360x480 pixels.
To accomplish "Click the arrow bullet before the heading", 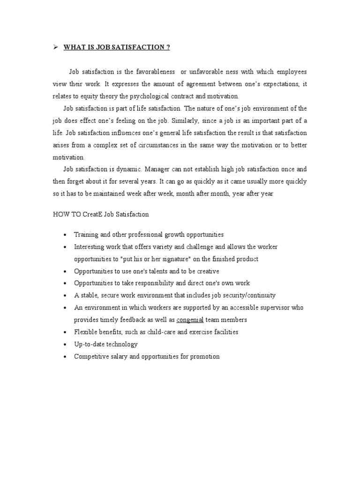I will [x=55, y=47].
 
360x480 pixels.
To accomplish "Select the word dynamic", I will [x=129, y=169].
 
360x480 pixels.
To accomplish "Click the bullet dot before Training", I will [x=65, y=235].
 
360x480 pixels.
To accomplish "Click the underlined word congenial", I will [x=190, y=320].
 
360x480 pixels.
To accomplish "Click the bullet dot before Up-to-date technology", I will [x=65, y=345].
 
